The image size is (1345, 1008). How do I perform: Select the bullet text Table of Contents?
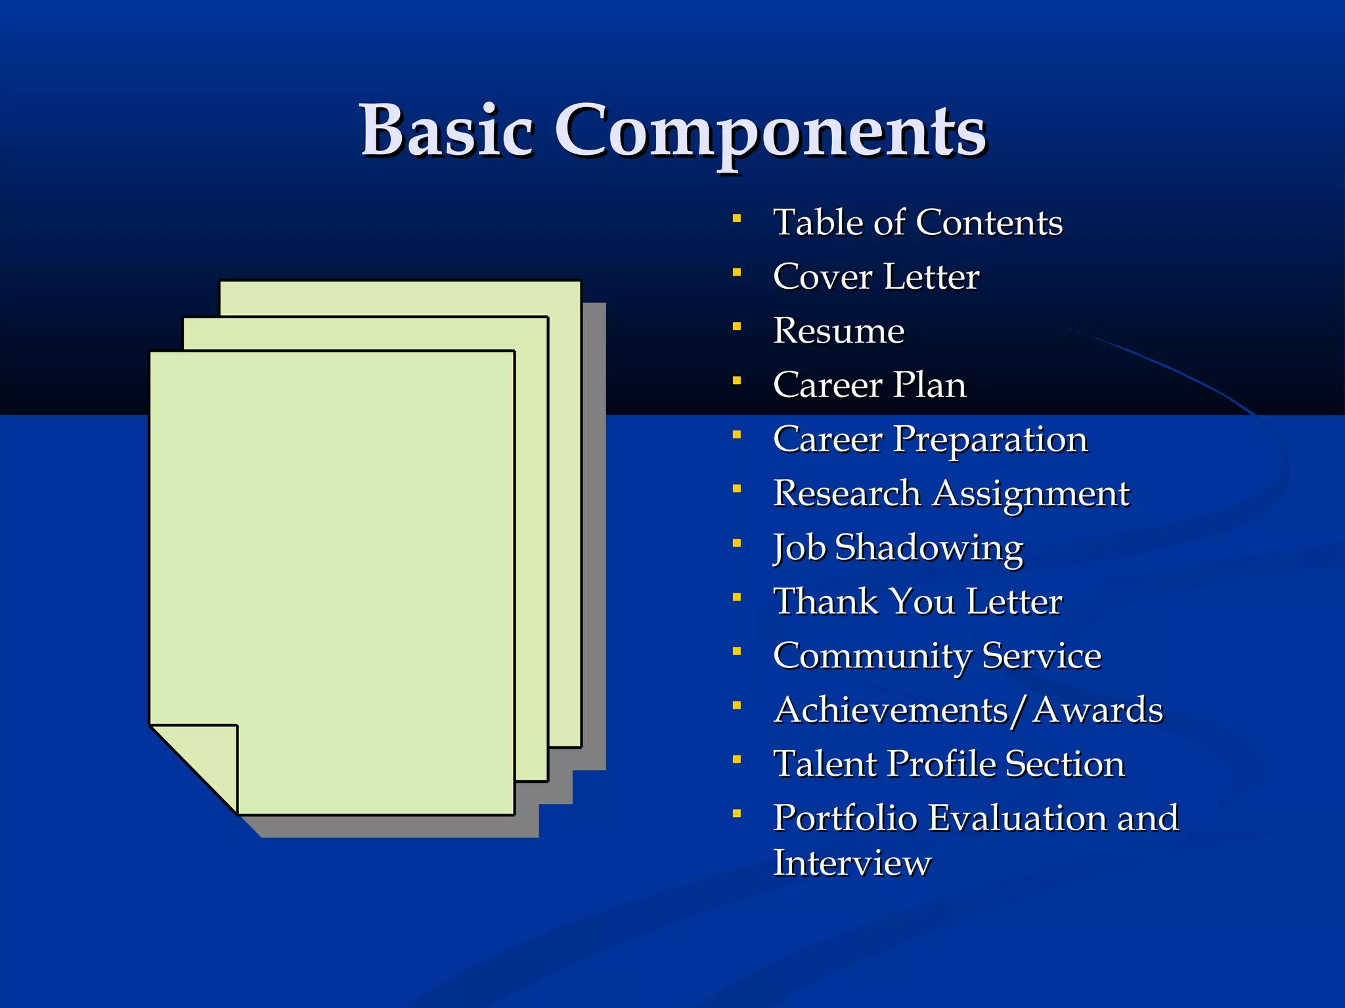tap(917, 222)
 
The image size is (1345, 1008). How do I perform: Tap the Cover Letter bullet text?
tap(876, 276)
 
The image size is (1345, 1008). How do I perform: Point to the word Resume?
tap(839, 330)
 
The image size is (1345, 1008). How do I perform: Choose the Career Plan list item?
tap(870, 385)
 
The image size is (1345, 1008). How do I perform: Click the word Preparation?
tap(990, 440)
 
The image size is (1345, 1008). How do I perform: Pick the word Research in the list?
tap(847, 493)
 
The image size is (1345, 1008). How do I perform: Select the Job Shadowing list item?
tap(898, 547)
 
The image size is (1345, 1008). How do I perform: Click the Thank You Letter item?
tap(917, 601)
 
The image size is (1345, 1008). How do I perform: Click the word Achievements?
tap(891, 709)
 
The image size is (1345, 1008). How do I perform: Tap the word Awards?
tap(1098, 709)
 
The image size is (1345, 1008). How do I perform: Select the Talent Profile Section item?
tap(949, 764)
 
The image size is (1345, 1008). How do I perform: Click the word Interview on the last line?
tap(852, 862)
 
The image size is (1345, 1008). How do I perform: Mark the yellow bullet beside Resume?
tap(737, 326)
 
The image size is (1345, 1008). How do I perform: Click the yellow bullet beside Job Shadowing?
tap(737, 543)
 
